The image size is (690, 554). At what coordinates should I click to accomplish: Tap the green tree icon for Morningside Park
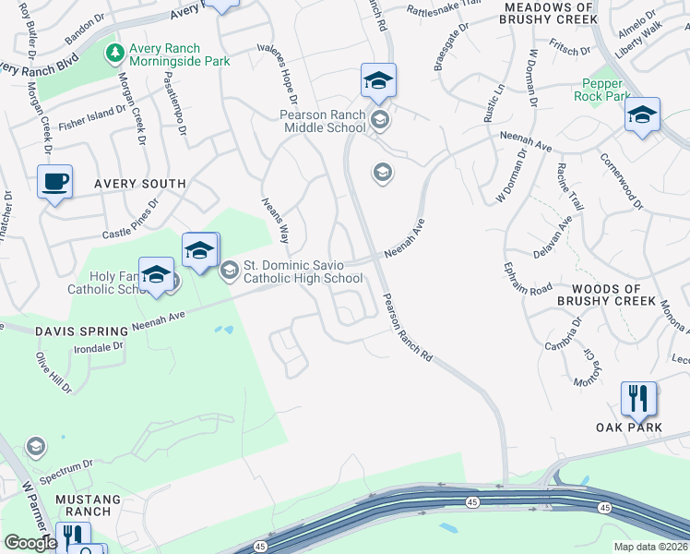point(114,54)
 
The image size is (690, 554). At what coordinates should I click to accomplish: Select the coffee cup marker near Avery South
point(55,180)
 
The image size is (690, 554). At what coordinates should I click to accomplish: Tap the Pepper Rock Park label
point(605,90)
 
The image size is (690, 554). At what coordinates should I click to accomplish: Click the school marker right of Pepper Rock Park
point(642,115)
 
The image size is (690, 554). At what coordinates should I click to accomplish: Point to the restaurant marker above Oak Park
point(638,399)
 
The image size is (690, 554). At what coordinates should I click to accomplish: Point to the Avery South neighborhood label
point(137,184)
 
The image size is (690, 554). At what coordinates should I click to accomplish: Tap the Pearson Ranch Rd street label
point(408,329)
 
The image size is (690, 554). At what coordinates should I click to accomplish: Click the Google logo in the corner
point(30,543)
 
